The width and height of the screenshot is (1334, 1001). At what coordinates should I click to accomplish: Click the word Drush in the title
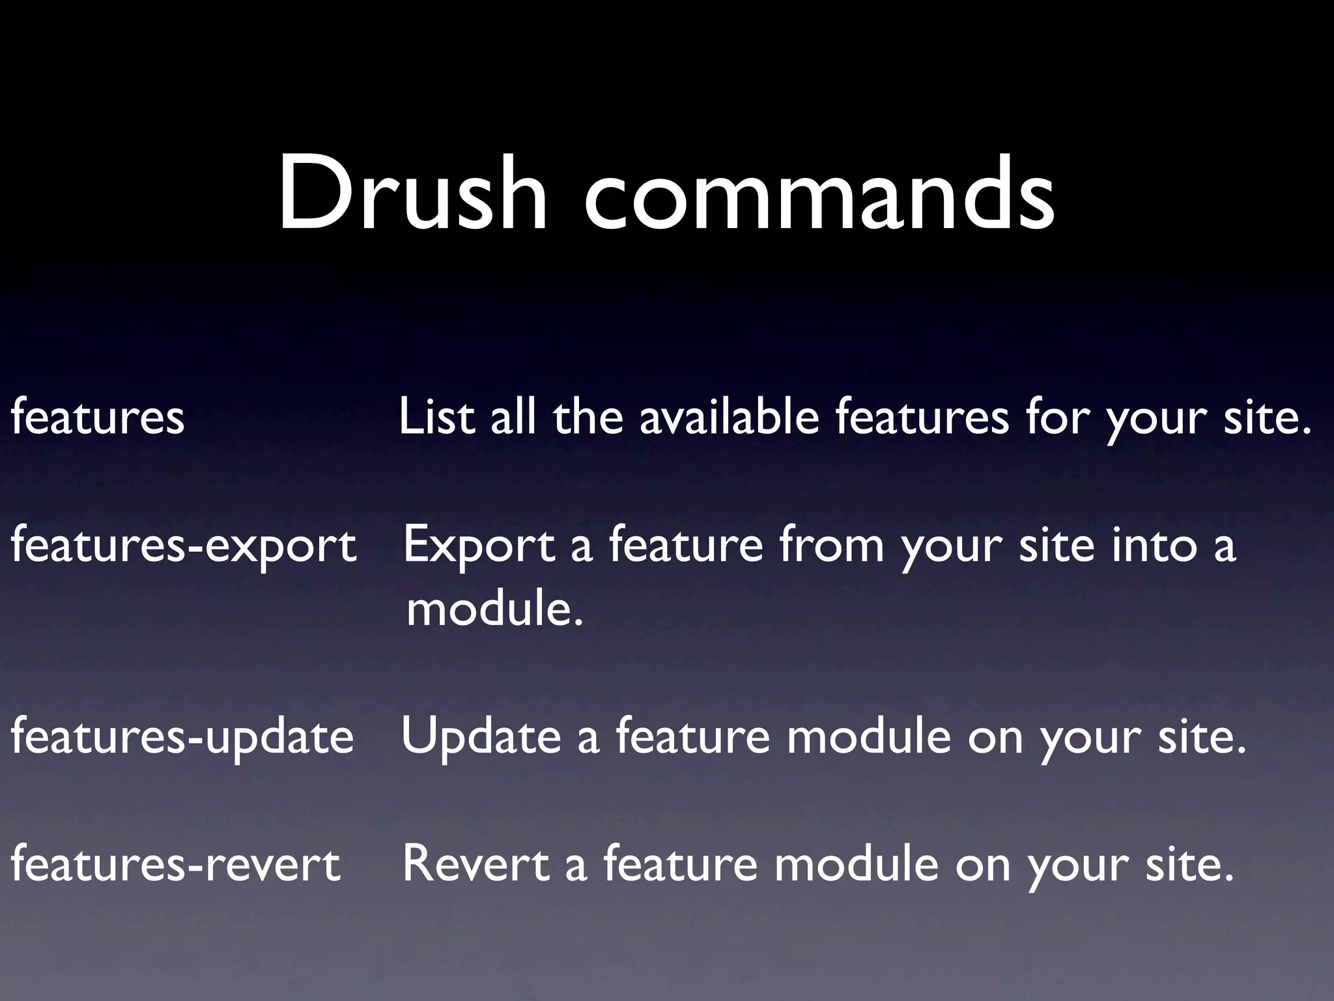coord(412,194)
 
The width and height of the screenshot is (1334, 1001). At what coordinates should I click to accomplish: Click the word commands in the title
coord(819,194)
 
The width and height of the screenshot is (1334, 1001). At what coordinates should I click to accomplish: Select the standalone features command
coord(98,417)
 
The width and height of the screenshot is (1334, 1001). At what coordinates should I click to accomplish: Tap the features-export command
coord(184,546)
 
